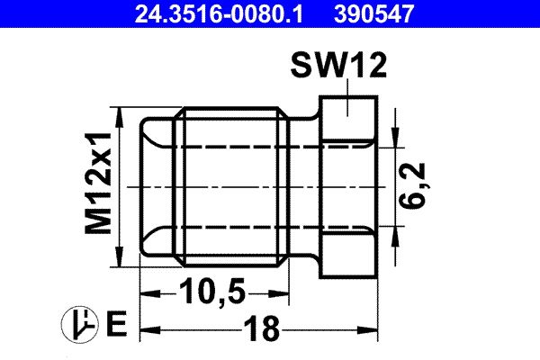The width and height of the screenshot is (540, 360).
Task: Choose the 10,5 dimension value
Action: [x=215, y=292]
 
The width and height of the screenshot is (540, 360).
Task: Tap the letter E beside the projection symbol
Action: [x=115, y=321]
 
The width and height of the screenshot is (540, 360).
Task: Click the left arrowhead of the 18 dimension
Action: [x=147, y=330]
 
